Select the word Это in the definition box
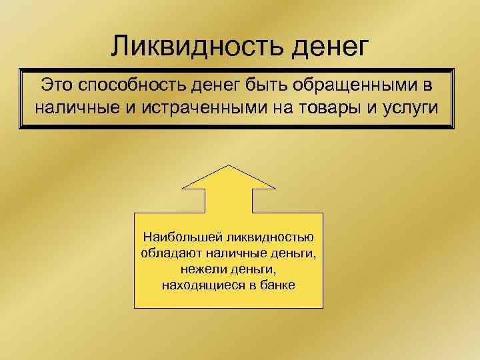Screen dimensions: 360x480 [58, 85]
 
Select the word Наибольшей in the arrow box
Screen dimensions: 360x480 [175, 238]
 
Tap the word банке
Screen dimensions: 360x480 [278, 285]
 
